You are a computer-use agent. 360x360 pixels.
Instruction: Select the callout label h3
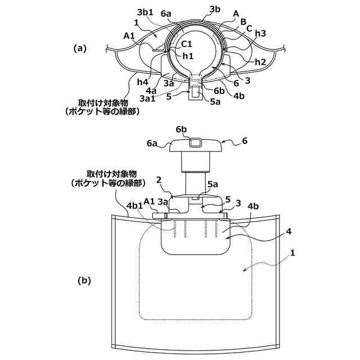260,33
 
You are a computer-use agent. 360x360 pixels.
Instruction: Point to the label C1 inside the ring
186,43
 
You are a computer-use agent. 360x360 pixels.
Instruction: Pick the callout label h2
259,61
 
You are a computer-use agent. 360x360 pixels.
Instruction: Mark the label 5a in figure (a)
215,102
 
